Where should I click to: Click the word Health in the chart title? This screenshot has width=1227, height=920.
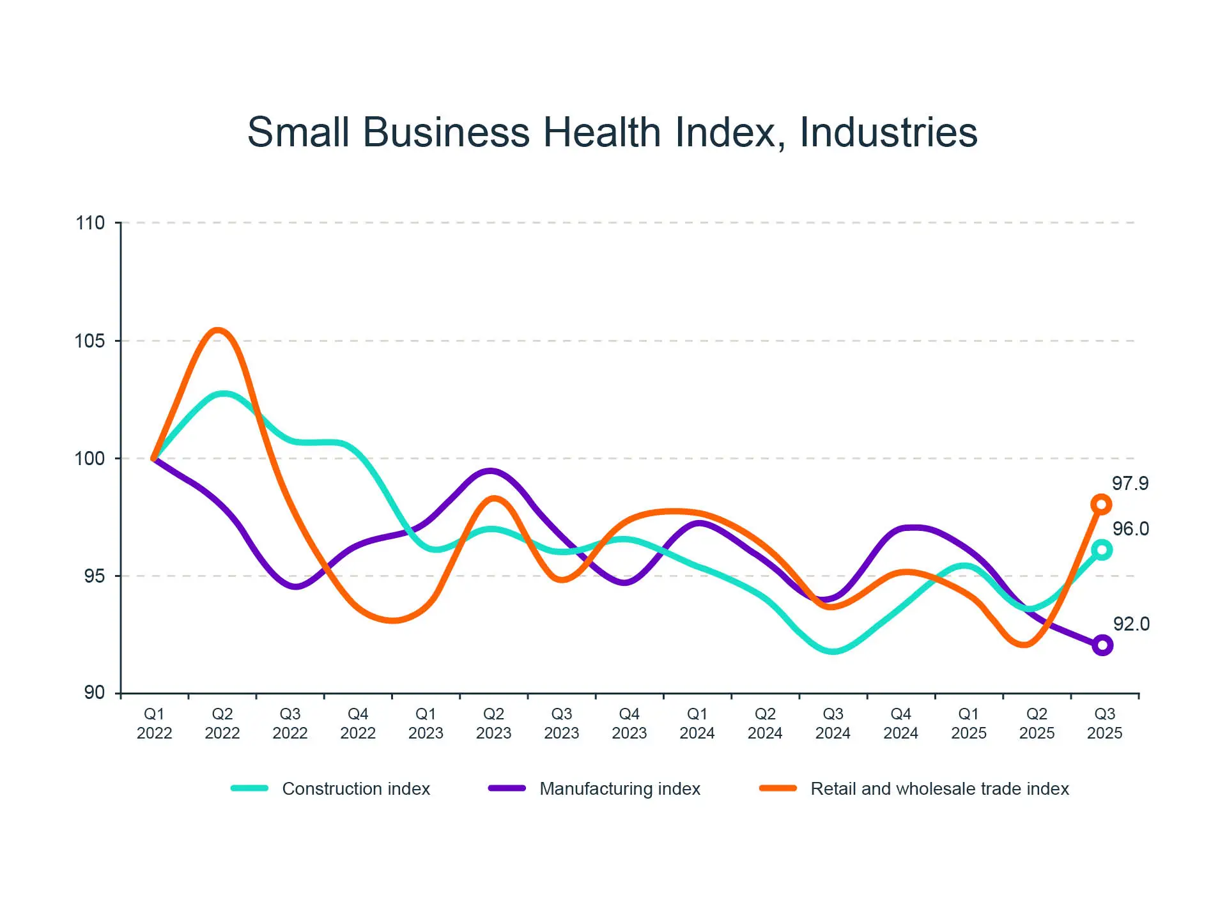tap(602, 132)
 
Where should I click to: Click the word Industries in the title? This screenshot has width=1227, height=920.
tap(888, 132)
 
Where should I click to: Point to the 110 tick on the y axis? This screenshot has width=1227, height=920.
tap(90, 223)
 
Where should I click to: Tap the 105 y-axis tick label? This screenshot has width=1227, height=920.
tap(90, 341)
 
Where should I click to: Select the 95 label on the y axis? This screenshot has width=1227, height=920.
tap(95, 576)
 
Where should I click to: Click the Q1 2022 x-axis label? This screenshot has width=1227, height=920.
tap(154, 723)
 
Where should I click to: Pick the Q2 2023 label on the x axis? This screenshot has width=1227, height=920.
tap(493, 723)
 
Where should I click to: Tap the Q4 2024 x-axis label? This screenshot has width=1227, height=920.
tap(900, 723)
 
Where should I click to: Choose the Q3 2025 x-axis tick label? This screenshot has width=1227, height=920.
tap(1104, 723)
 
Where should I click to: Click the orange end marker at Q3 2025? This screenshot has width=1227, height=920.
tap(1101, 505)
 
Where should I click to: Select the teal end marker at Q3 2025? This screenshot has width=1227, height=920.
tap(1102, 549)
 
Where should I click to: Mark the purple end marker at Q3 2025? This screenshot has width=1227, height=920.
tap(1102, 645)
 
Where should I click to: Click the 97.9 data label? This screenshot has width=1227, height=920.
tap(1130, 484)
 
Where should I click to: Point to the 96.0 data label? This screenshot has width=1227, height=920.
tap(1131, 529)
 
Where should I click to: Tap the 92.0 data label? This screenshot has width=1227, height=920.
tap(1131, 624)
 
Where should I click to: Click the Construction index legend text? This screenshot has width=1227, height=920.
tap(356, 789)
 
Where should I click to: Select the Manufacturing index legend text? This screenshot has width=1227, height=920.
tap(620, 789)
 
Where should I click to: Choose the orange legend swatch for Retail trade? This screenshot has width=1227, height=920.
tap(778, 788)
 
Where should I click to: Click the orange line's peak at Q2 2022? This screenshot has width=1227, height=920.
tap(218, 331)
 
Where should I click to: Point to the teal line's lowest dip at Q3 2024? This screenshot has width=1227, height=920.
tap(833, 651)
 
